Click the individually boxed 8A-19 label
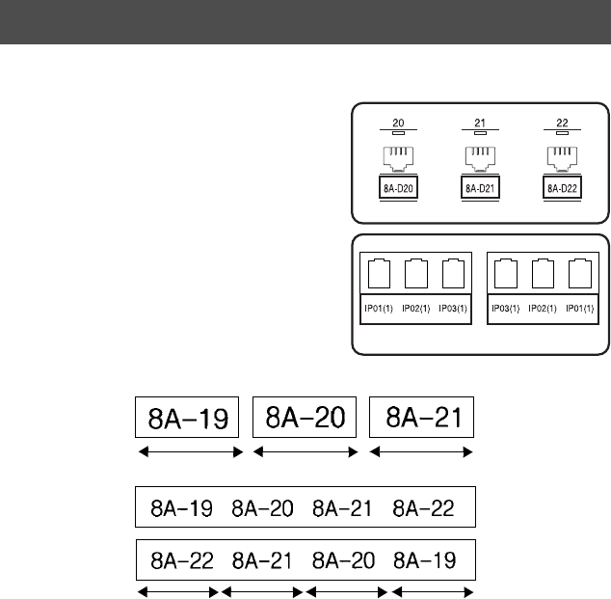187,419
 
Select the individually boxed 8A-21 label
422,418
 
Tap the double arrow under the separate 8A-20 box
305,450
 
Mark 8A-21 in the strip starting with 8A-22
262,559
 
